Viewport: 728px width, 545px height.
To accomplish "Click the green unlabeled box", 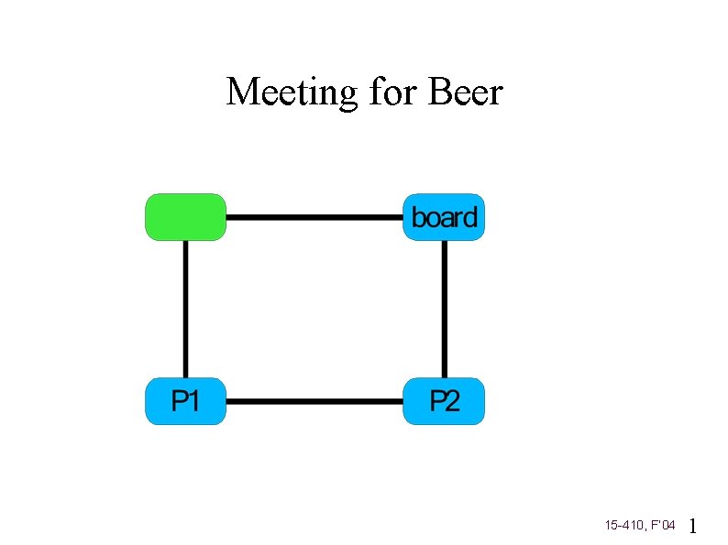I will [x=185, y=217].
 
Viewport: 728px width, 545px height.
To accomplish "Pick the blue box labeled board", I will [x=444, y=217].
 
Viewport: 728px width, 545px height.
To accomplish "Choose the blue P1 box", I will [x=185, y=400].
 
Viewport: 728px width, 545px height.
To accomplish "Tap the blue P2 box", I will [x=444, y=400].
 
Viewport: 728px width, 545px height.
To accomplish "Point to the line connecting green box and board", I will [x=314, y=218].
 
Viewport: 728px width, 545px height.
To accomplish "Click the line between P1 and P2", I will [x=314, y=401].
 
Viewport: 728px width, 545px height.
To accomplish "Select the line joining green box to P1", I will [x=185, y=309].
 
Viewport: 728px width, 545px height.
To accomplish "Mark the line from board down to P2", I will [x=445, y=309].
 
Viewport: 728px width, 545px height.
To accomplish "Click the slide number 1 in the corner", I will [x=693, y=526].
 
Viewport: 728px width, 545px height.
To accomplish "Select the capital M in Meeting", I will [x=243, y=93].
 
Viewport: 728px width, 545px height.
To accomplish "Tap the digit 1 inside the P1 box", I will [x=195, y=401].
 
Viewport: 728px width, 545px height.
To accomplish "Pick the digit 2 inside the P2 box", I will [x=452, y=401].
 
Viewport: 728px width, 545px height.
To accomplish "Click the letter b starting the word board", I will [x=417, y=218].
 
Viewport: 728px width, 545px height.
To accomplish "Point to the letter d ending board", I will [x=470, y=218].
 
